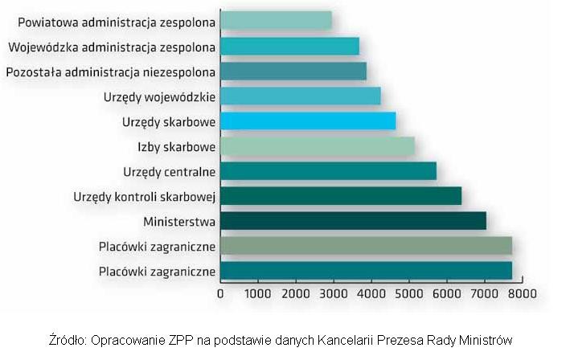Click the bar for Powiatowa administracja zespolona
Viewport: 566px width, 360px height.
click(x=276, y=21)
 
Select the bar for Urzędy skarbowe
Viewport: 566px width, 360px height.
click(x=308, y=121)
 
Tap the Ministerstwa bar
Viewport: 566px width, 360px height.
click(x=353, y=221)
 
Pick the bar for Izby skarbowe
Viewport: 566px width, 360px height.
click(x=318, y=146)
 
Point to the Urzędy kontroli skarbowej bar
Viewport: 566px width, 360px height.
click(x=341, y=196)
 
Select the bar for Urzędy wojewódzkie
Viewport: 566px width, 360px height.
click(x=300, y=96)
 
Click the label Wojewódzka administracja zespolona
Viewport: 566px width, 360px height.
click(x=111, y=47)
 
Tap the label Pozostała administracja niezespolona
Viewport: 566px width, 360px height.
click(x=110, y=72)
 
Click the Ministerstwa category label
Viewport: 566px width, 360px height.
click(x=179, y=221)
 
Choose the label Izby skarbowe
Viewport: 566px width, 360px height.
click(x=176, y=146)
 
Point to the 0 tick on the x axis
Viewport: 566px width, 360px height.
click(x=220, y=294)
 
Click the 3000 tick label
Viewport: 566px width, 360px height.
click(x=333, y=294)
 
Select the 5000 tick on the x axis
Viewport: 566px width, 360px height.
click(x=408, y=294)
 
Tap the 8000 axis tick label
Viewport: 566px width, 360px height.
click(x=522, y=294)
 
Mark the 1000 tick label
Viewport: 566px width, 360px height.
click(x=257, y=294)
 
